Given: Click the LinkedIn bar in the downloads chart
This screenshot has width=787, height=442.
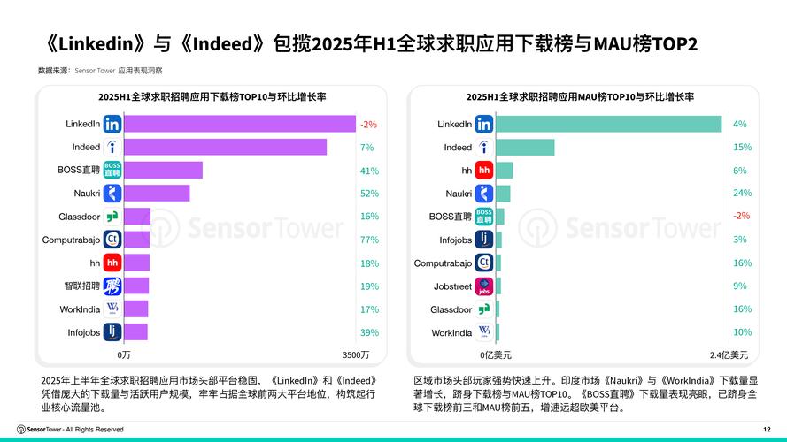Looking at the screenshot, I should (239, 124).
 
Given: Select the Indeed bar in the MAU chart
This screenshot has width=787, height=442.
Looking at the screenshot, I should (525, 148).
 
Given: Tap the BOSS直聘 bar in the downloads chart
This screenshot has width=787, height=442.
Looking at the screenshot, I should (163, 171).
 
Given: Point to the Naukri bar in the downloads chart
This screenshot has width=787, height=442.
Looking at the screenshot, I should (157, 194).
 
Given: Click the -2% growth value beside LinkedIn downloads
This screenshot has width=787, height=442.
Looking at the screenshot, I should (368, 125).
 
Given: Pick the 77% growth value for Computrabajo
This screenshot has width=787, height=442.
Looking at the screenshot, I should (369, 240).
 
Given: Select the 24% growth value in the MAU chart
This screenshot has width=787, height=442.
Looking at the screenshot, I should (742, 194).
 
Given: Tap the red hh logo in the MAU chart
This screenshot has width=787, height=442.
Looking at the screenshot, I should (483, 171).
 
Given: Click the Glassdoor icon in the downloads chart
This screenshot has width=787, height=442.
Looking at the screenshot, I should (112, 217).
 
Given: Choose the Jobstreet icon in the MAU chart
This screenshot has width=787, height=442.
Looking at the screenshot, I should (483, 286).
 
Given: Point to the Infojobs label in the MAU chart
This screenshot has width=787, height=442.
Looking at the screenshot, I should (455, 240).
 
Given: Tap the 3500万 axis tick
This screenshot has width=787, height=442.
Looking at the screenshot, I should (356, 354).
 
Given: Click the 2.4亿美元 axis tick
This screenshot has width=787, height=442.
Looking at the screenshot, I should (729, 354).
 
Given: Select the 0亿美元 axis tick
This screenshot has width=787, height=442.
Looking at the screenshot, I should (496, 354).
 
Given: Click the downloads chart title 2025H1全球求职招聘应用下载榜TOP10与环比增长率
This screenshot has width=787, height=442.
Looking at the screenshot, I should (211, 97).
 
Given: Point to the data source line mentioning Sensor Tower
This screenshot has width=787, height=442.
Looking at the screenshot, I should (99, 70).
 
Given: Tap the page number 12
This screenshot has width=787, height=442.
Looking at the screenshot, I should (766, 430).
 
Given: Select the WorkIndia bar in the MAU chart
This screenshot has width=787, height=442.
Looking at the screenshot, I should (498, 332).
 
